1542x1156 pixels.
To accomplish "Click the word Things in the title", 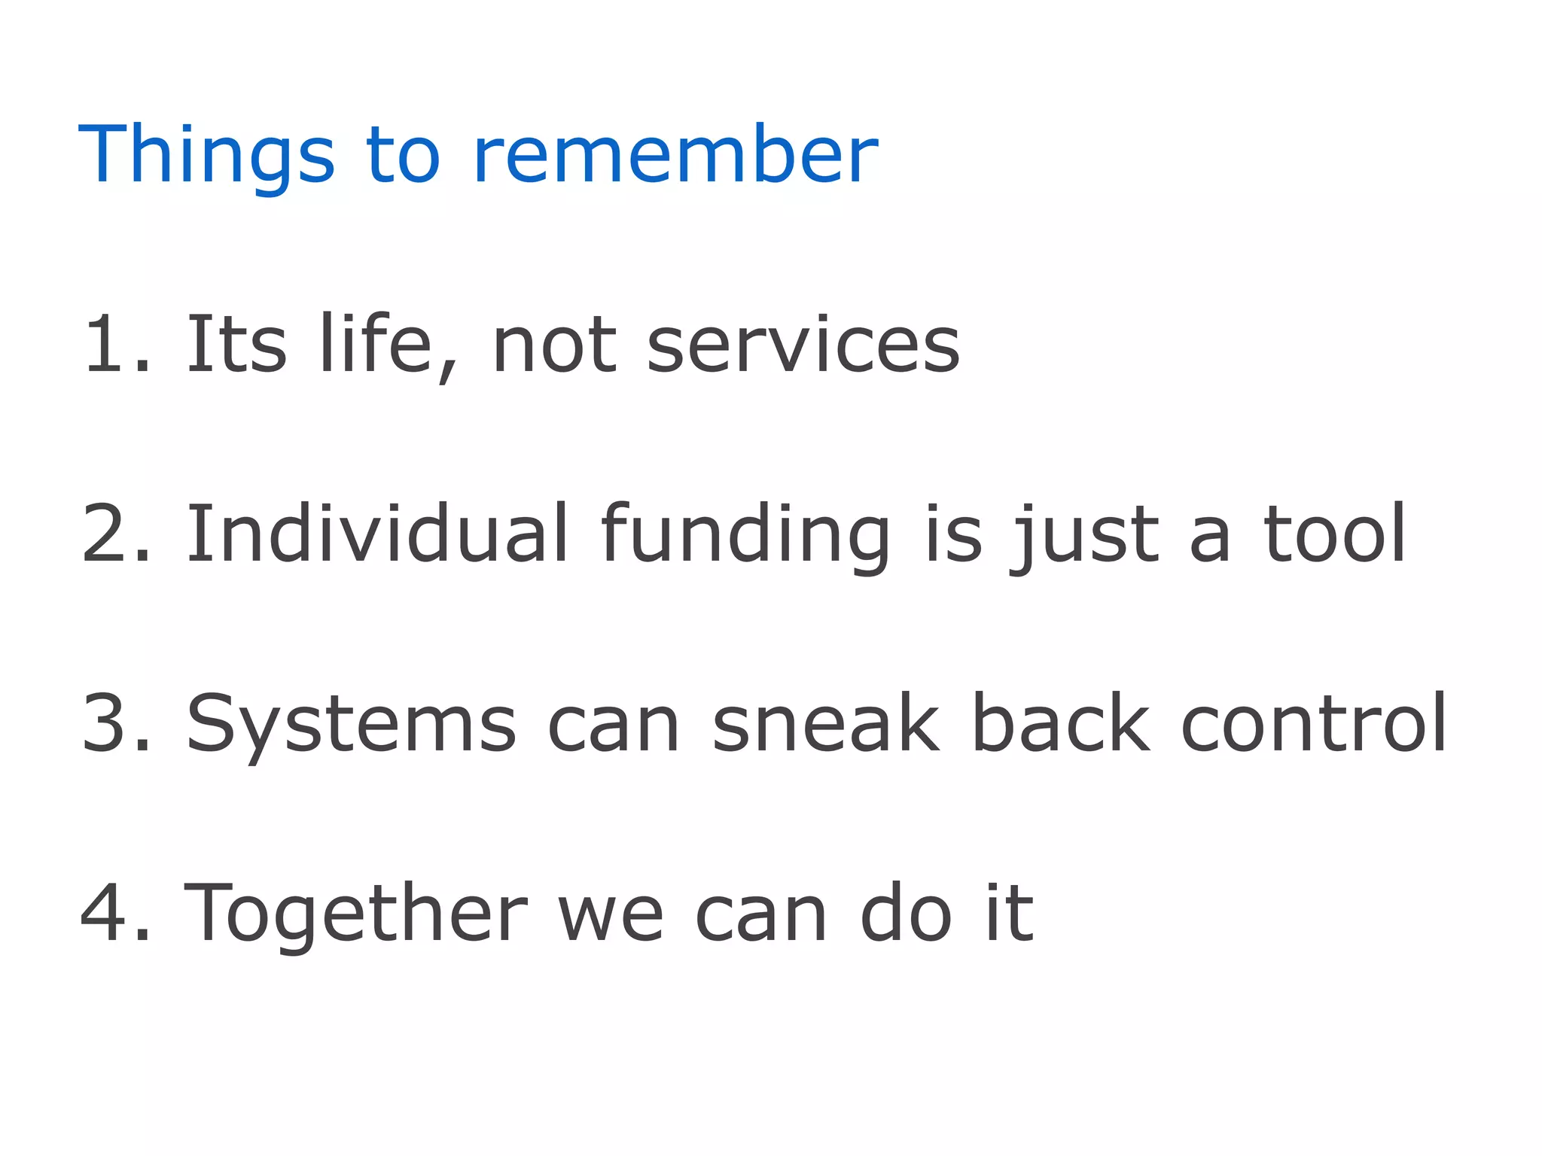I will [x=206, y=156].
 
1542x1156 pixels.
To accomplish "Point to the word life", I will [x=375, y=345].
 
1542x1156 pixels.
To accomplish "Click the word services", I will [x=803, y=345].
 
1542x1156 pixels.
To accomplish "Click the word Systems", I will [x=351, y=724].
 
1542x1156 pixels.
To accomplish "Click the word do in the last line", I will [x=906, y=913].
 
